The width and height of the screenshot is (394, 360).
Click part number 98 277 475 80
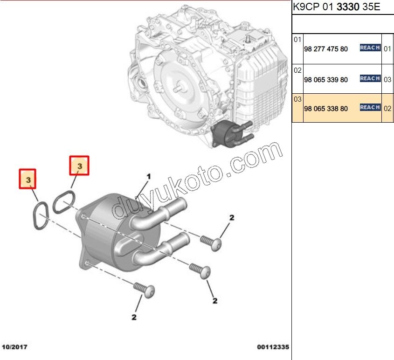coord(325,49)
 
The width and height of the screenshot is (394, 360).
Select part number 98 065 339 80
coord(325,80)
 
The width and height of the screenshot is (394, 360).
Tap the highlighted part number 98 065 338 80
coord(325,109)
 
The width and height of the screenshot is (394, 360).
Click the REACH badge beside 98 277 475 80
coord(370,48)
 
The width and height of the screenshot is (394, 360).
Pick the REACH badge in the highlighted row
coord(370,108)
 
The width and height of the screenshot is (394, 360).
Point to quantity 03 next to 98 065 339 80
coord(387,80)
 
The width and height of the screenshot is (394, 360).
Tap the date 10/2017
coord(15,347)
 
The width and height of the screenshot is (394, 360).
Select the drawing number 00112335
coord(273,347)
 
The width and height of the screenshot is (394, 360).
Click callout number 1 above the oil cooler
coord(149,177)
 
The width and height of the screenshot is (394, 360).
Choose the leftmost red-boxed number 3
coord(28,180)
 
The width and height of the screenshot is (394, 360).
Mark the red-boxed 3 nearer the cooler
coord(79,166)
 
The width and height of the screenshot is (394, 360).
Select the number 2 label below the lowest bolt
coord(134,317)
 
